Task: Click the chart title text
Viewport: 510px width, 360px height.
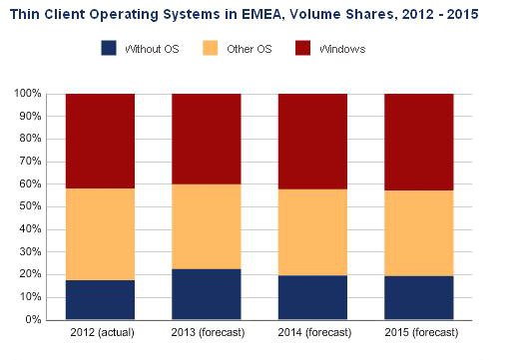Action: coord(244,15)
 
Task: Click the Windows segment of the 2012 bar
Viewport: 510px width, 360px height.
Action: coord(100,141)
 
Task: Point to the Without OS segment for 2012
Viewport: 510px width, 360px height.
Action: coord(100,300)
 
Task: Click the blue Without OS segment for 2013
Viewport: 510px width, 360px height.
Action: coord(206,294)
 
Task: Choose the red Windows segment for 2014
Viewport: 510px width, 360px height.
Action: coord(311,141)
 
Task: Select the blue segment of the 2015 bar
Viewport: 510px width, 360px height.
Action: coord(418,298)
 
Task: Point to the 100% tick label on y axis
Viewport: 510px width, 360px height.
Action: coord(28,94)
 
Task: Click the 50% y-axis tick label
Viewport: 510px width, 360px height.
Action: coord(30,206)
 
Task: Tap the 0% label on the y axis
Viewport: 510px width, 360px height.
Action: coord(33,320)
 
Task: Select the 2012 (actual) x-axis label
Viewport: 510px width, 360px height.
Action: coord(100,332)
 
